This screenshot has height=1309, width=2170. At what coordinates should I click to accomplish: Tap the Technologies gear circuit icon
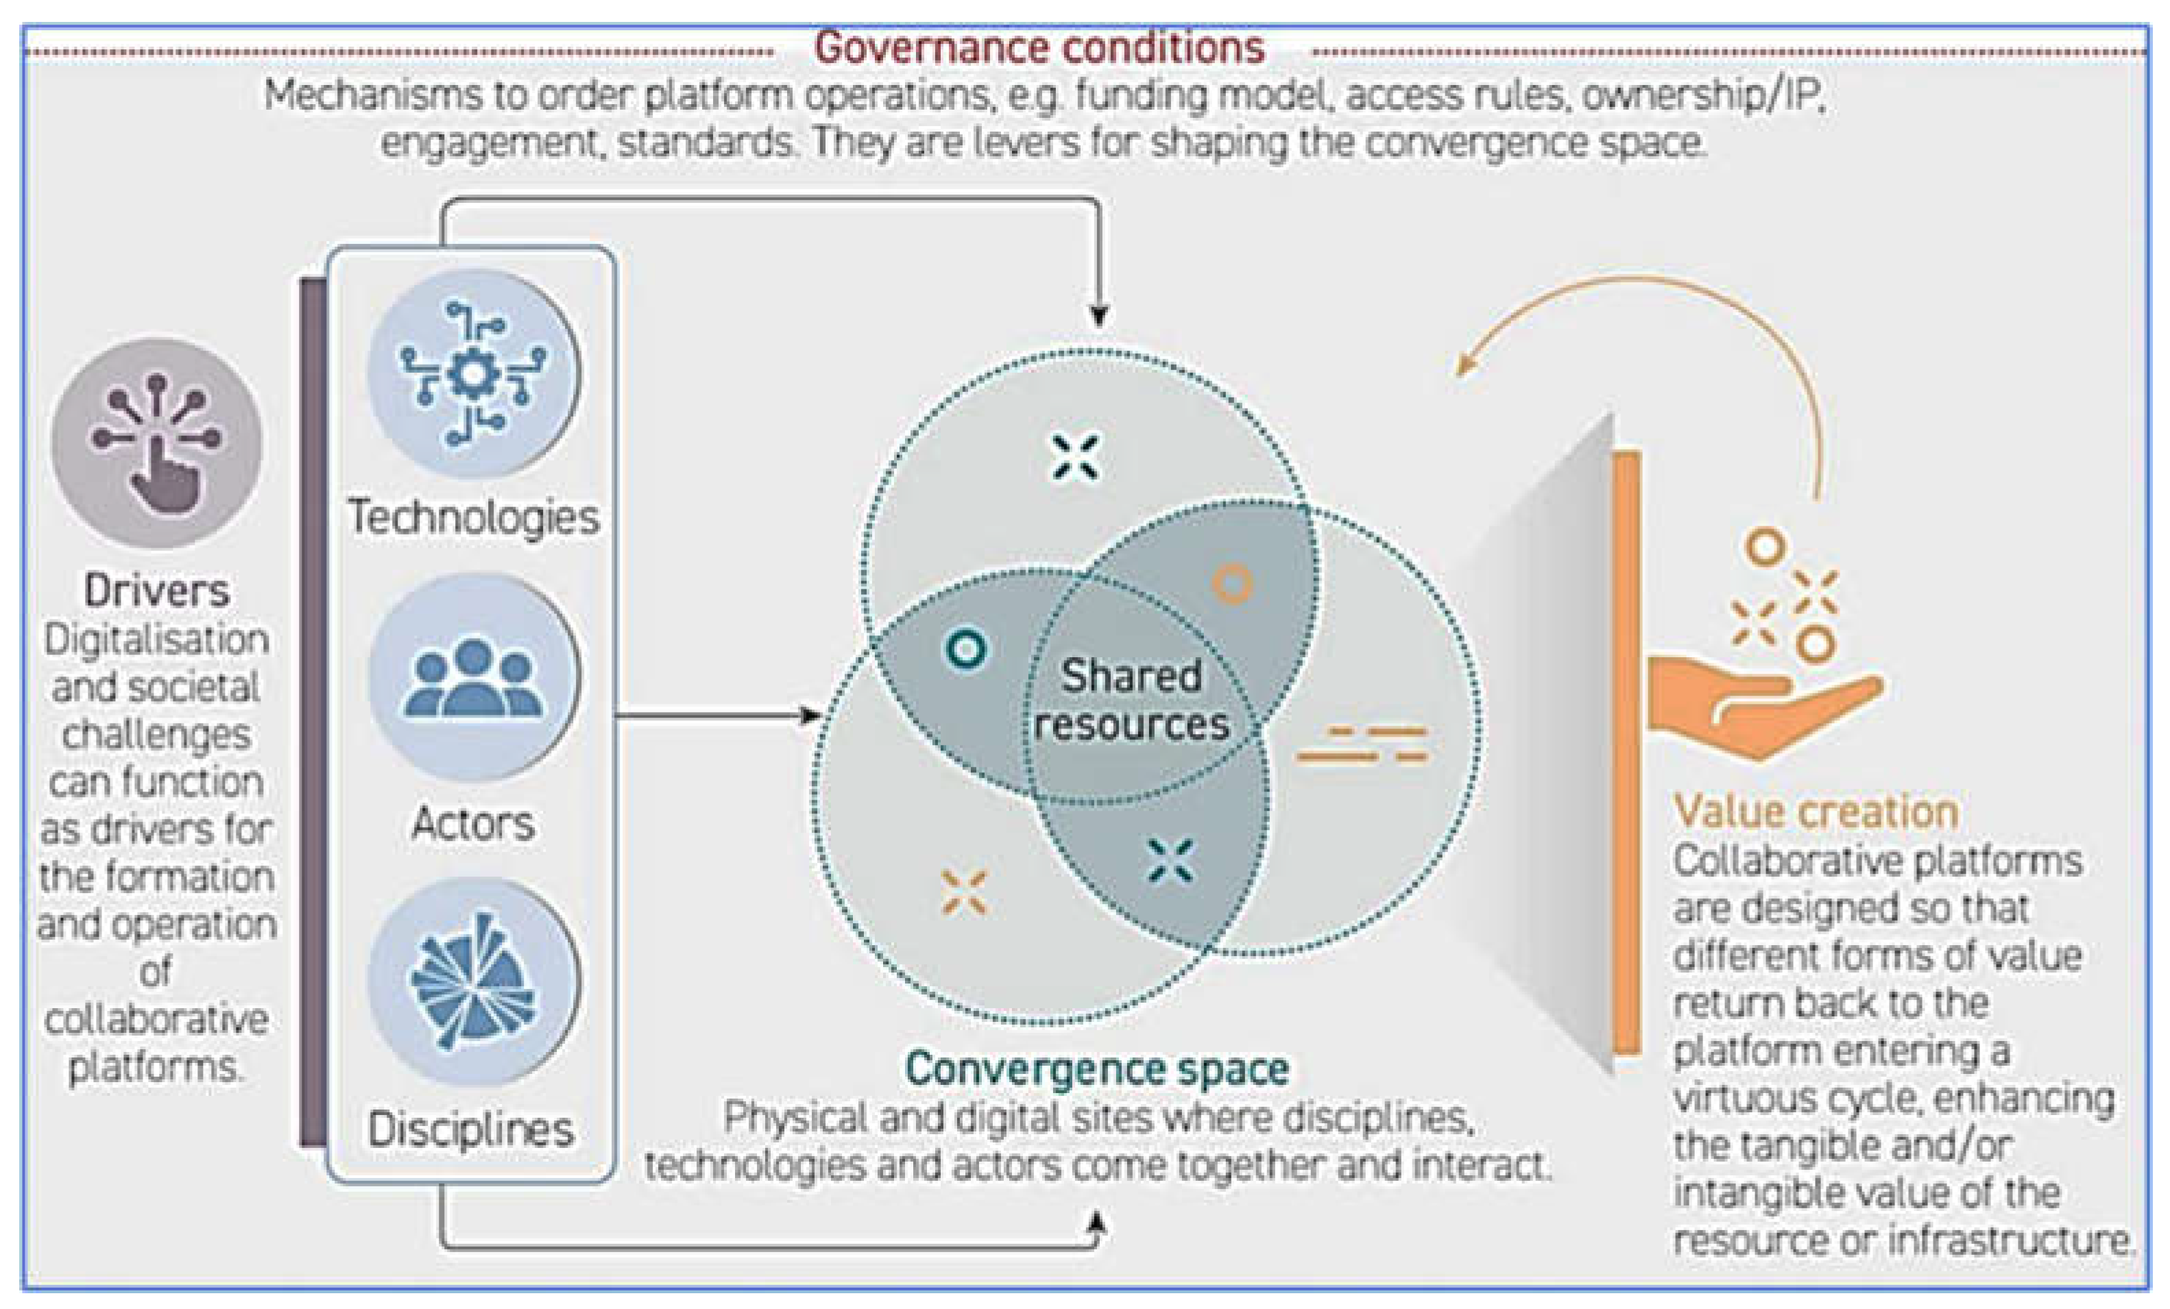474,374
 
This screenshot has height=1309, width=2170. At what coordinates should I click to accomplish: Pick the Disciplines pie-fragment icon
474,981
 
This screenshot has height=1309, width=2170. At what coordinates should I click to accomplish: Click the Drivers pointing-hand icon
157,443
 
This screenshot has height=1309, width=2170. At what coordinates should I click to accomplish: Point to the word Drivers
157,590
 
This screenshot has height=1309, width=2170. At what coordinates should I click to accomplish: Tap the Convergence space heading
1097,1068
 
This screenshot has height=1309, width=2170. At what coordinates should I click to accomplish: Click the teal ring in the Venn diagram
965,649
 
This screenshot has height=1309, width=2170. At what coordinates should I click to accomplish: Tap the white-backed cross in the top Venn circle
1075,457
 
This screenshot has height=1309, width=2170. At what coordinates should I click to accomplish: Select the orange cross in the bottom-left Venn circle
965,892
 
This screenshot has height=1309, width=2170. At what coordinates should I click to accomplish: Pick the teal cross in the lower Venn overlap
1171,860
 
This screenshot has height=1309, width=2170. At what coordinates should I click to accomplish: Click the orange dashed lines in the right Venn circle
1362,744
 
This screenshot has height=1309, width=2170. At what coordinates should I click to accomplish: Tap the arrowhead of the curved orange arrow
1464,363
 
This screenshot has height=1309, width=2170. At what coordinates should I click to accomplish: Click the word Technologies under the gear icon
474,517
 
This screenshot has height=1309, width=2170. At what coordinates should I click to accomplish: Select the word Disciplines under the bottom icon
471,1129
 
